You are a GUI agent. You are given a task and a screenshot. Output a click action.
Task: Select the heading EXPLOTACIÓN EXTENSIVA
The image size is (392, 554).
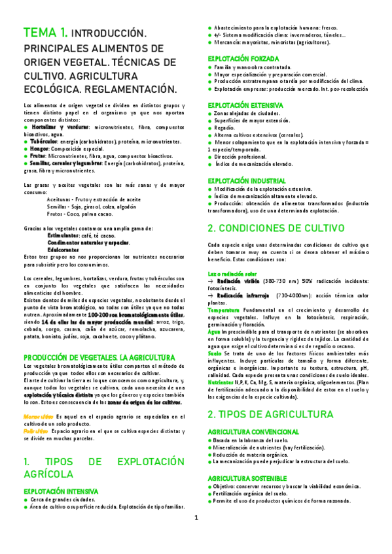click(245, 105)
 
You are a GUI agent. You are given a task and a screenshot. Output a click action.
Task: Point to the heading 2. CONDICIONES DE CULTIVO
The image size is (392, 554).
click(276, 228)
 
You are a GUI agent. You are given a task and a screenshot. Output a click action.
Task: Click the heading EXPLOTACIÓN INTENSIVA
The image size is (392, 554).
click(60, 491)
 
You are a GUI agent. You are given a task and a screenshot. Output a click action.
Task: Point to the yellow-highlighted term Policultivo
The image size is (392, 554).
click(36, 432)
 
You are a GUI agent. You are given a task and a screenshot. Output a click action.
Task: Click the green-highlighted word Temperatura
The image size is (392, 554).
click(224, 309)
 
